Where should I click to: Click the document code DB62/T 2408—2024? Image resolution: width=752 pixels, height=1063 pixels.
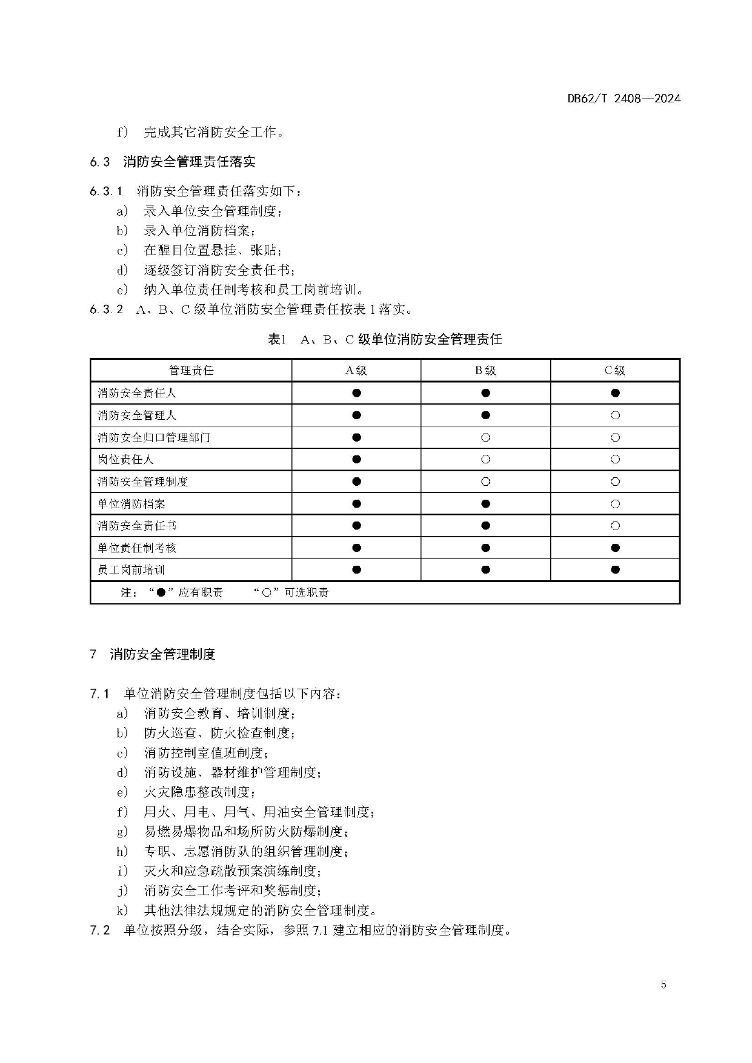click(624, 99)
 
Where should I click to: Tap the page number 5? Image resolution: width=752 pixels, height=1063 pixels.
click(663, 984)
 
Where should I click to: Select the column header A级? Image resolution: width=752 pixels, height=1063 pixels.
click(356, 371)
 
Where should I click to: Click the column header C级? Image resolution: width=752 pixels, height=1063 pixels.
click(615, 371)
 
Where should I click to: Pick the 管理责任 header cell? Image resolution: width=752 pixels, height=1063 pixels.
click(191, 371)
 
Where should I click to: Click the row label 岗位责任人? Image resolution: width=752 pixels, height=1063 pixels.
click(126, 460)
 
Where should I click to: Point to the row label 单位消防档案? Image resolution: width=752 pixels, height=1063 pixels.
click(131, 504)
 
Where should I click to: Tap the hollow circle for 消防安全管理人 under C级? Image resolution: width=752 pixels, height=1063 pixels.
click(615, 416)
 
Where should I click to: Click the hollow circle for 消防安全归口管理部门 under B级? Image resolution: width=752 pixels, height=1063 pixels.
click(485, 437)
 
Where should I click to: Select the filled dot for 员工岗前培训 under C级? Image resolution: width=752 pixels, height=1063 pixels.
click(615, 570)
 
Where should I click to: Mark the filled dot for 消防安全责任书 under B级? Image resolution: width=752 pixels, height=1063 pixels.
click(485, 526)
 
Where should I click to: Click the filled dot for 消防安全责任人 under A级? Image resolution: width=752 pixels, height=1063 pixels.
click(356, 393)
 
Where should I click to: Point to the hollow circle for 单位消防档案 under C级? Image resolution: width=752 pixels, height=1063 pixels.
click(615, 504)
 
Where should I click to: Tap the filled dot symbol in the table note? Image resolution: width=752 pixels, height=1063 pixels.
click(161, 593)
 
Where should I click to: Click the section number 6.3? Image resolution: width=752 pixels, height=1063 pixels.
click(100, 162)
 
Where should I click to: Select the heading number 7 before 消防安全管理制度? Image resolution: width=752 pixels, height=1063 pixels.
click(93, 655)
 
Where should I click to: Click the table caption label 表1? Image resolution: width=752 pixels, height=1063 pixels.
click(276, 340)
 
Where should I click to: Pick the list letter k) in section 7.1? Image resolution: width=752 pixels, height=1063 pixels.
click(122, 910)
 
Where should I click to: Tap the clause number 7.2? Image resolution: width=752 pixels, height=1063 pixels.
click(100, 930)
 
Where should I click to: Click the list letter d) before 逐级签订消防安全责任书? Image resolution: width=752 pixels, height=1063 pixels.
click(122, 270)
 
